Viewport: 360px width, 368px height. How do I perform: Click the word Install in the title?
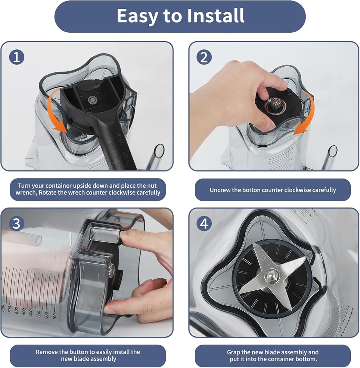click(215, 16)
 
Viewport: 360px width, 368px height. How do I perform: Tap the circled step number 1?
click(17, 57)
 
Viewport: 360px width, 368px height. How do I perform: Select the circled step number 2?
click(204, 57)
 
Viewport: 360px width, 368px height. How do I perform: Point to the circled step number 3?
click(17, 223)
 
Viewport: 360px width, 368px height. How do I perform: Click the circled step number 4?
click(204, 223)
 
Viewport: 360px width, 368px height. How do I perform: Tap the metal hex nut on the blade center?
click(272, 275)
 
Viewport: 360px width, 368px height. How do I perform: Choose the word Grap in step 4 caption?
click(233, 353)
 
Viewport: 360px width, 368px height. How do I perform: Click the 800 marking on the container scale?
click(3, 308)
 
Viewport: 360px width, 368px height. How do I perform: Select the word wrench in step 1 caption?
click(25, 193)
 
